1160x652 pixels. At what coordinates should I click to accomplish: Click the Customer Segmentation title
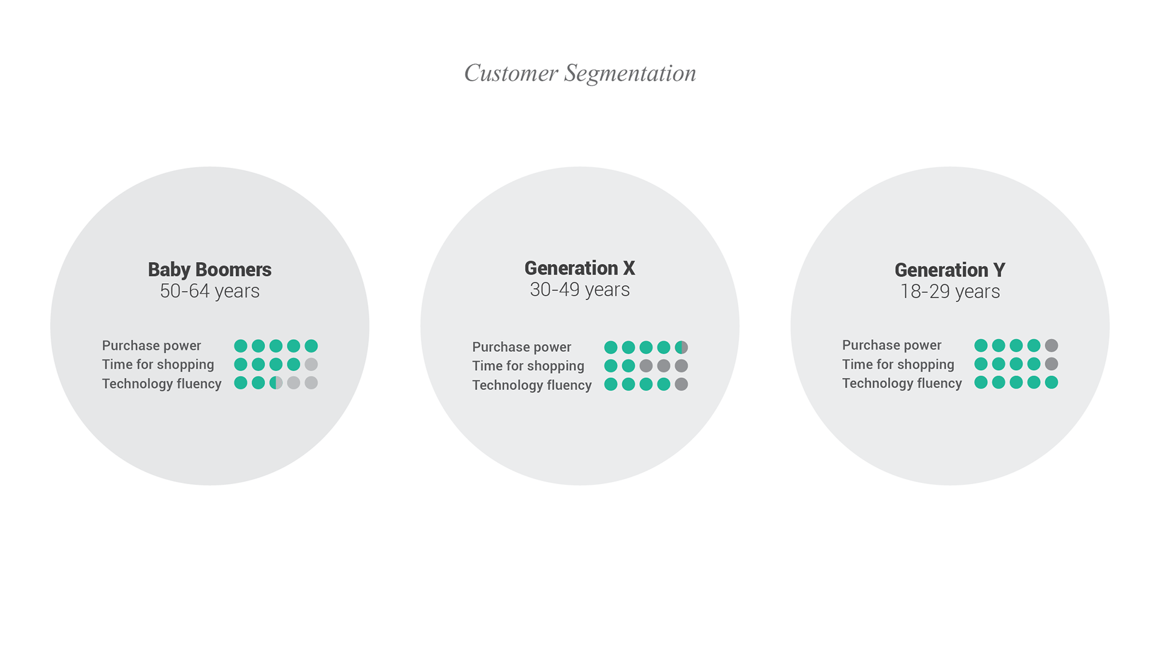point(580,73)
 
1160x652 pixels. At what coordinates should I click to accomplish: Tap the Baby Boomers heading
point(210,269)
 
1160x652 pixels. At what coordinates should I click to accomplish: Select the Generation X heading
point(580,267)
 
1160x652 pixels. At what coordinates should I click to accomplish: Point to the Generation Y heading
point(950,269)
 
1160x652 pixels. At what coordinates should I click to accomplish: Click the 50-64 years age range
point(210,290)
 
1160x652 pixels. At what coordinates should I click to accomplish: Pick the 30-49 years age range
point(580,289)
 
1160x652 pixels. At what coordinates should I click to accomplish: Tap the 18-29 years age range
point(950,291)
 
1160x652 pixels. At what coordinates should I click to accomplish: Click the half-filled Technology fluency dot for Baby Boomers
point(276,383)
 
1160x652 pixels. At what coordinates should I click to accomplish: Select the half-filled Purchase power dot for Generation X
point(681,347)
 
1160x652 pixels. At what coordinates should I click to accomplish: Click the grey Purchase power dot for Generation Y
point(1051,345)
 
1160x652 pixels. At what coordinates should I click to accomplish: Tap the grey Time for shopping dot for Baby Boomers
point(311,364)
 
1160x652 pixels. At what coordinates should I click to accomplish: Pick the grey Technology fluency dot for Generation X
point(681,384)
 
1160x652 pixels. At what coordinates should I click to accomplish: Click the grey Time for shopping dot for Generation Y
point(1051,364)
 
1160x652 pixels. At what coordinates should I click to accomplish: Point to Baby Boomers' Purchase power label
point(152,346)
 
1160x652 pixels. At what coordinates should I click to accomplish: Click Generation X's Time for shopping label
point(528,366)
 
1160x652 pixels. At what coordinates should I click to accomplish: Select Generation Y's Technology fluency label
point(902,383)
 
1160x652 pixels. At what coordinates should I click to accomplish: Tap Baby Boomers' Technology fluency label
point(162,384)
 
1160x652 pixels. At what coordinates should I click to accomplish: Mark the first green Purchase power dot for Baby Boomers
point(240,346)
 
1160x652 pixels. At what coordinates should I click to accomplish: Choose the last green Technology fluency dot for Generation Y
point(1051,382)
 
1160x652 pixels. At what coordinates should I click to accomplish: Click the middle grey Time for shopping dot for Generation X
point(663,366)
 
